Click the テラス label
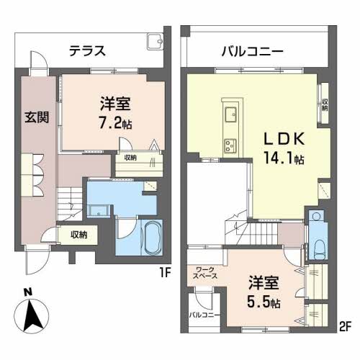pyautogui.click(x=87, y=51)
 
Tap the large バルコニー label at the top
pyautogui.click(x=252, y=51)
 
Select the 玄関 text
pyautogui.click(x=37, y=117)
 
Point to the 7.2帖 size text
pyautogui.click(x=115, y=124)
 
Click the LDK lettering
pyautogui.click(x=284, y=139)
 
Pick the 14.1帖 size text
pyautogui.click(x=284, y=158)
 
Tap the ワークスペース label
pyautogui.click(x=205, y=273)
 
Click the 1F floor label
pyautogui.click(x=165, y=273)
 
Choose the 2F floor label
pyautogui.click(x=345, y=327)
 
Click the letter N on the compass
pyautogui.click(x=28, y=292)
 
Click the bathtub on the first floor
pyautogui.click(x=152, y=238)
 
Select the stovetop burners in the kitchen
pyautogui.click(x=230, y=145)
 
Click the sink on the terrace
pyautogui.click(x=155, y=41)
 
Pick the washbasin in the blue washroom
pyautogui.click(x=99, y=212)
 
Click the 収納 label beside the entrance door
pyautogui.click(x=79, y=235)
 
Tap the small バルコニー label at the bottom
pyautogui.click(x=204, y=315)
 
